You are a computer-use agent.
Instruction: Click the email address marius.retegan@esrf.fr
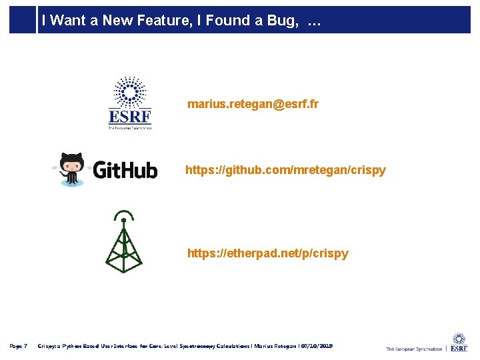(x=253, y=104)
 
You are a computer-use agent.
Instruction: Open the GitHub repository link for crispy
(x=285, y=170)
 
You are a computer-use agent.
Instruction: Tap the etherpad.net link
(x=267, y=253)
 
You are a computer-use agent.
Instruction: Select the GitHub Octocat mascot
(x=71, y=169)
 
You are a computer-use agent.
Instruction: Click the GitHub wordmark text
(x=125, y=170)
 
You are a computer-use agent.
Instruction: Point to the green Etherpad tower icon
(x=123, y=243)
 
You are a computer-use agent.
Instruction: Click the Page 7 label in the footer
(x=18, y=346)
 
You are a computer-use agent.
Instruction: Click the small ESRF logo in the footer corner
(x=459, y=343)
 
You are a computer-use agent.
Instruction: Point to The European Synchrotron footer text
(x=413, y=349)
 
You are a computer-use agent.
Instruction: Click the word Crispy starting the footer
(x=49, y=346)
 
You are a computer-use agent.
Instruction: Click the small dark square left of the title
(x=22, y=20)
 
